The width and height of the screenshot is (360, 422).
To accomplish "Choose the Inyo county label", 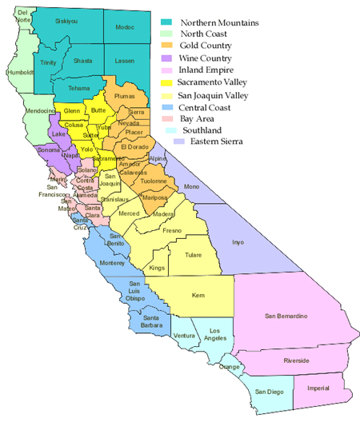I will coord(237,241).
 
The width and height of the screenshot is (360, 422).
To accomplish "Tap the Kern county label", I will coord(198,295).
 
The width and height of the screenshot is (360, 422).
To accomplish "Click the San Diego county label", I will coord(270,392).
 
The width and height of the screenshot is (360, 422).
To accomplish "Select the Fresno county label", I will coord(172,230).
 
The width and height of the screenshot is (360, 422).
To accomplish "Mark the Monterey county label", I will coord(114,263).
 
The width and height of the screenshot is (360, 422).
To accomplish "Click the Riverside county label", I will coord(296,360).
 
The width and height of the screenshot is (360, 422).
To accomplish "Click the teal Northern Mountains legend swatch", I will coord(167,22).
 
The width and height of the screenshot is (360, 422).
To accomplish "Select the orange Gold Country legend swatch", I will coord(167,46).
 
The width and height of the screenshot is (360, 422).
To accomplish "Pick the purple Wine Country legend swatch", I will coord(167,58).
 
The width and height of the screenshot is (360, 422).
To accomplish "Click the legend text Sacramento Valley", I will coord(214,82).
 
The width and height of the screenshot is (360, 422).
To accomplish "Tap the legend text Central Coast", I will coord(206,106).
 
